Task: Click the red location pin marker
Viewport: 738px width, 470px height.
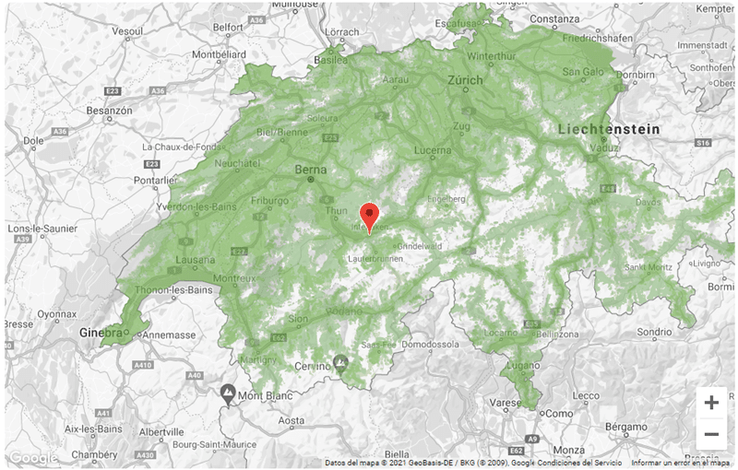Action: pos(369,216)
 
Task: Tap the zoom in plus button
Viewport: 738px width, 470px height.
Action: pos(711,403)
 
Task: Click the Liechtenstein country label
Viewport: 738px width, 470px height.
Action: pos(609,130)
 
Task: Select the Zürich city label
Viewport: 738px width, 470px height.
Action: pos(465,81)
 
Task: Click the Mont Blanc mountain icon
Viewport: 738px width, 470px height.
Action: pos(228,394)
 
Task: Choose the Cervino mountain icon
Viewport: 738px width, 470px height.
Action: pos(341,362)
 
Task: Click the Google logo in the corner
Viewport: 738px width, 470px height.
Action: pos(33,458)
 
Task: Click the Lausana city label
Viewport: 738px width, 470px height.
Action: pos(193,261)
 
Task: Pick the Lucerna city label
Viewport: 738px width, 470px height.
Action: pos(434,150)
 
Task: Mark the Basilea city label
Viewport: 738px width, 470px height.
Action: pos(331,61)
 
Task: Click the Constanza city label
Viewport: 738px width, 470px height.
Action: pos(554,18)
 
